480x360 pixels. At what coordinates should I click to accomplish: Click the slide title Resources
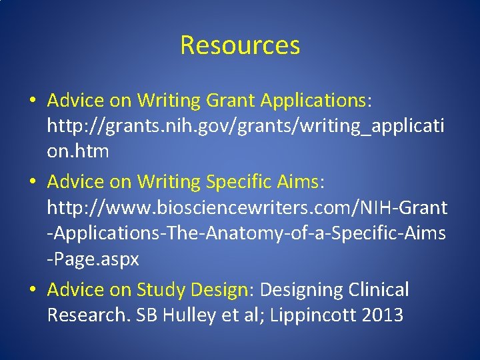(x=240, y=45)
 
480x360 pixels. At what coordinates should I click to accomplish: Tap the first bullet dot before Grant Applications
(x=32, y=101)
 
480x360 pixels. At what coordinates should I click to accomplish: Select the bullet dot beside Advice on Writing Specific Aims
(x=32, y=182)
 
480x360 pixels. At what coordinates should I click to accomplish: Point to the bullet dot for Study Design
(x=32, y=290)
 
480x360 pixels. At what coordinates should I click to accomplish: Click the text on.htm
(x=78, y=151)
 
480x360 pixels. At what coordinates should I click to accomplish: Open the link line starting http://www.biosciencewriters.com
(x=247, y=207)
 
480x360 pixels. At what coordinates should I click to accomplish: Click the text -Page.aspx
(x=93, y=258)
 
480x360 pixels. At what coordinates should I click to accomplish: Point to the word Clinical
(x=379, y=290)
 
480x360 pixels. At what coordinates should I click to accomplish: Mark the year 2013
(x=382, y=315)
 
